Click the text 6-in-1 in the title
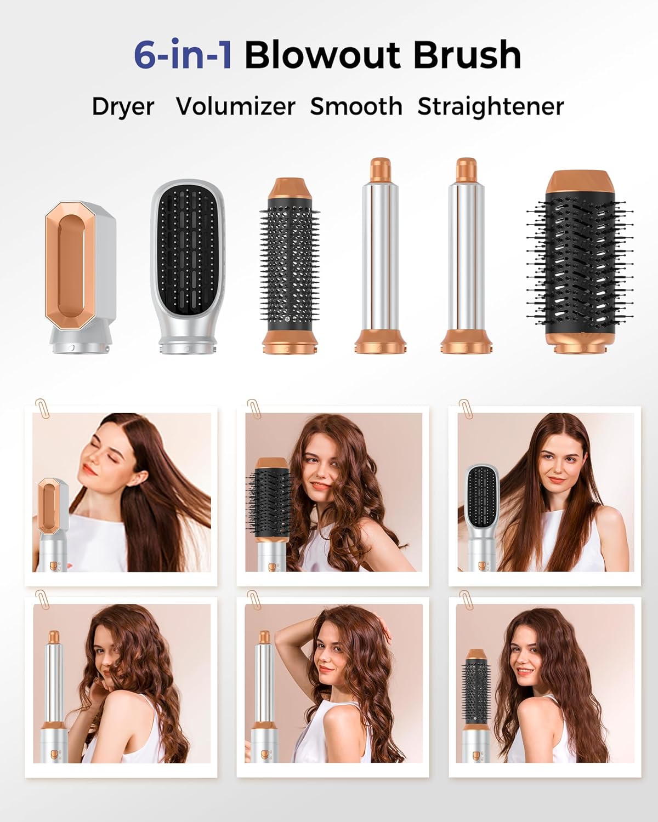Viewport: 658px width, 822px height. pos(183,55)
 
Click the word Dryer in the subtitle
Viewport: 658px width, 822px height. pos(123,106)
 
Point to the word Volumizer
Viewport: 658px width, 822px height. pos(236,106)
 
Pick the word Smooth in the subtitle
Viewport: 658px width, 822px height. pos(356,106)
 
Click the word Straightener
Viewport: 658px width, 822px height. pos(490,106)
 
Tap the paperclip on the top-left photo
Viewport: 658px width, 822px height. pos(41,408)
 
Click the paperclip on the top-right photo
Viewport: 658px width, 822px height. pos(466,408)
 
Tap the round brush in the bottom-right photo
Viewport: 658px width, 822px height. pos(476,690)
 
